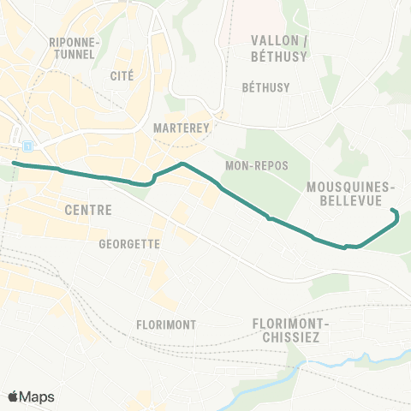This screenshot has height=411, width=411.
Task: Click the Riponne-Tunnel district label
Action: [76, 48]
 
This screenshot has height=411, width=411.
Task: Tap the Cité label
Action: [122, 75]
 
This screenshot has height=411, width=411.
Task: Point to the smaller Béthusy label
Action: [266, 87]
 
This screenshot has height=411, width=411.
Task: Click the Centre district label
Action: [88, 210]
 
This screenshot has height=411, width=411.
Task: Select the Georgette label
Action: [130, 243]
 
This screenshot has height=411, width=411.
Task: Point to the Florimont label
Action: [166, 325]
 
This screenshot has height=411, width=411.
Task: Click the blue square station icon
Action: [29, 146]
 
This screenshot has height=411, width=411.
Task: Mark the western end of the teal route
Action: [14, 162]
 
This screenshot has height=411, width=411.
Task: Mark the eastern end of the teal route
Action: [392, 211]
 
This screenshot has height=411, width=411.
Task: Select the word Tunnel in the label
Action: [76, 55]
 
